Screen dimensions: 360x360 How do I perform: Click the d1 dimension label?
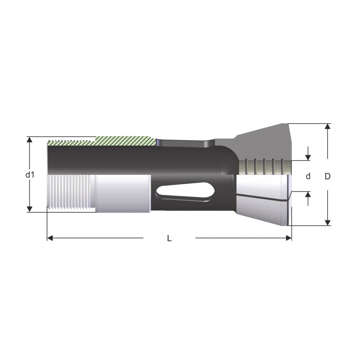click(30, 175)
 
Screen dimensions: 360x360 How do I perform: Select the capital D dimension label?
click(328, 176)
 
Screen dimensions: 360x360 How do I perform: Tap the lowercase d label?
click(308, 176)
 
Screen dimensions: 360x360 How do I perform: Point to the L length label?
click(169, 238)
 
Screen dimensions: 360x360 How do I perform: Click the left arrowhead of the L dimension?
click(50, 238)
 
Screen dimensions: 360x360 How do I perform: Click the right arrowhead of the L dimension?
click(289, 238)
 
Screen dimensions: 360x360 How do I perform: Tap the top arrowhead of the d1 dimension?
click(29, 140)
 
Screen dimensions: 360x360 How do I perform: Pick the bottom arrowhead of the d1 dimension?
click(29, 209)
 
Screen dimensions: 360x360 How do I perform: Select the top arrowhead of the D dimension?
click(327, 126)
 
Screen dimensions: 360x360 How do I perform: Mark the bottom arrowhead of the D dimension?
click(327, 222)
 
